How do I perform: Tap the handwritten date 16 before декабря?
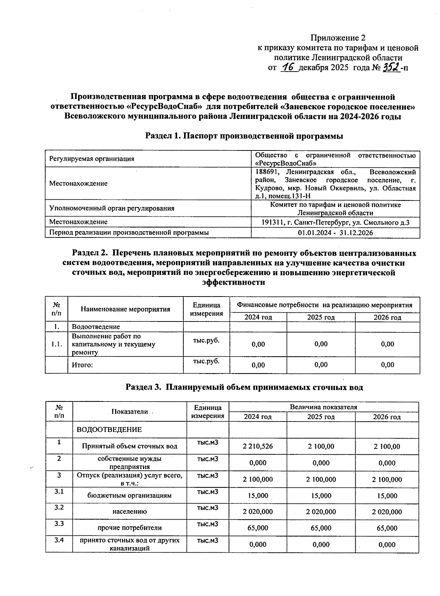[x=289, y=68]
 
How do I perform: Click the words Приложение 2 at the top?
[x=338, y=38]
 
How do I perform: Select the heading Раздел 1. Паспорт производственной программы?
[x=244, y=136]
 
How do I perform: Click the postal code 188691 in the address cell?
[x=265, y=172]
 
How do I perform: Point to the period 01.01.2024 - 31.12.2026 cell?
[x=335, y=233]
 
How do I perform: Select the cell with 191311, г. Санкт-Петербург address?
[x=335, y=222]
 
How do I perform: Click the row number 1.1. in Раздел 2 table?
[x=57, y=344]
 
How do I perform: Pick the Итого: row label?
[x=82, y=365]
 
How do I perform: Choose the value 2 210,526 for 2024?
[x=257, y=446]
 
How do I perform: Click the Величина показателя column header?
[x=323, y=407]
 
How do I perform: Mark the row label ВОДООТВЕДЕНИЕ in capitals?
[x=109, y=430]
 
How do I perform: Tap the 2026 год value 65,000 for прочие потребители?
[x=387, y=528]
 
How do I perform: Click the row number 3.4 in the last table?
[x=59, y=540]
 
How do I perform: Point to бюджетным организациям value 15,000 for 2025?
[x=321, y=496]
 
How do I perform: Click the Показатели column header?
[x=129, y=412]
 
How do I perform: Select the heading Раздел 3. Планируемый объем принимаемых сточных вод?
[x=244, y=388]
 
